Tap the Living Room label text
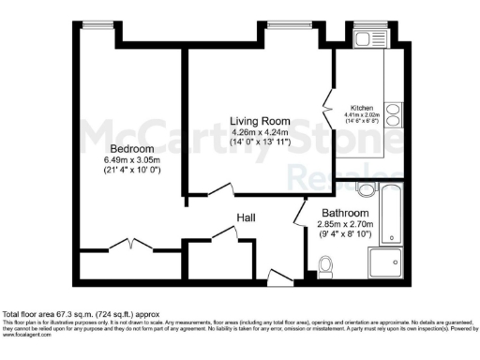[x=261, y=121]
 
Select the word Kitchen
[x=362, y=107]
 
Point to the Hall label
[x=247, y=217]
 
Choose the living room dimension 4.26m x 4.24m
[x=261, y=132]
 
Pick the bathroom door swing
[x=300, y=217]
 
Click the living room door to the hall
[x=221, y=190]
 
